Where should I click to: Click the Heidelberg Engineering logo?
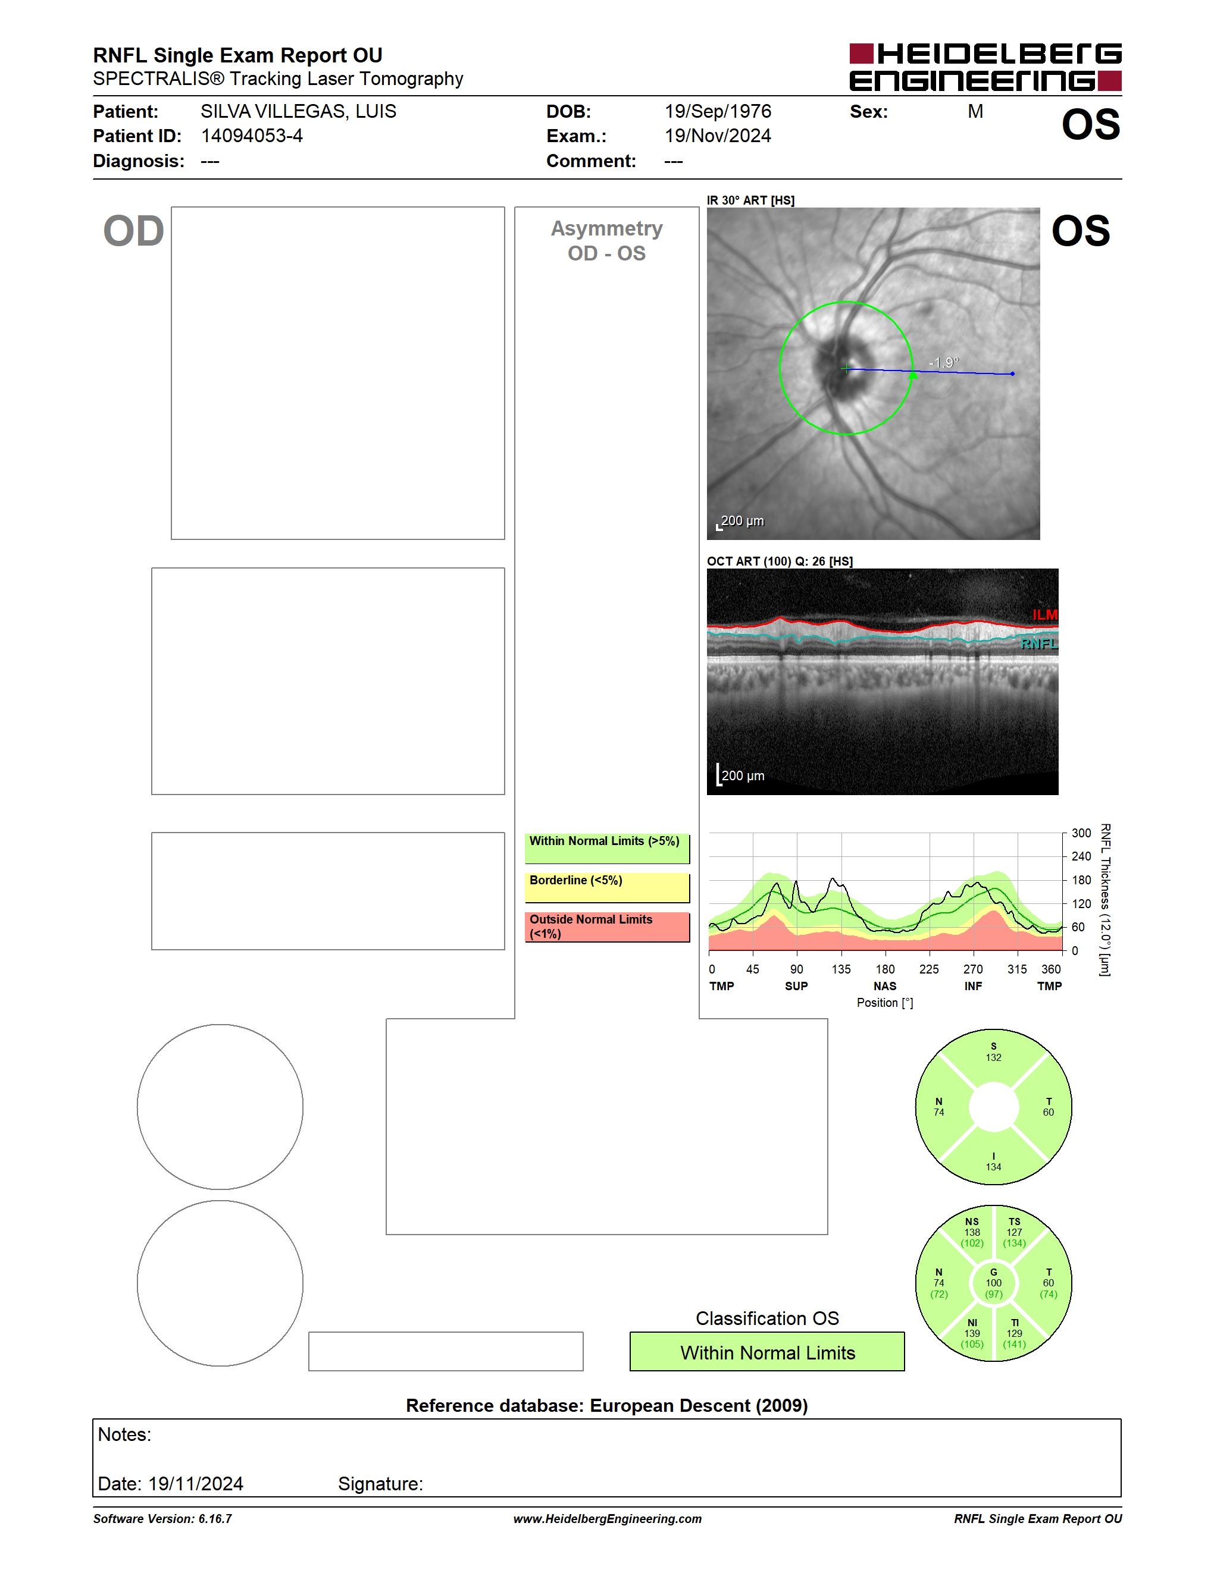985,67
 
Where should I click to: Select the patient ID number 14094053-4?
252,136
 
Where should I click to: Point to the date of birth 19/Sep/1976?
718,111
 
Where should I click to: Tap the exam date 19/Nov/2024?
718,136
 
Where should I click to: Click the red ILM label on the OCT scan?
1045,615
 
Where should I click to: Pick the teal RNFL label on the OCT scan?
1039,643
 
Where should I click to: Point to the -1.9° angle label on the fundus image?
944,362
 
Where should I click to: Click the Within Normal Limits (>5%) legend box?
607,848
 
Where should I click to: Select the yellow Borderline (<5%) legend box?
607,888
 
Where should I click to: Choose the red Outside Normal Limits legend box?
607,927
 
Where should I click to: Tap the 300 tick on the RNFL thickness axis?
1081,833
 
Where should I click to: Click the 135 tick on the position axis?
841,969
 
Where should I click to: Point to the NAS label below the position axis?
884,986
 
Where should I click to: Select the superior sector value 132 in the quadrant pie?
993,1057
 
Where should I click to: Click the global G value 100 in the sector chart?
993,1282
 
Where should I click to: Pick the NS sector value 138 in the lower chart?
972,1232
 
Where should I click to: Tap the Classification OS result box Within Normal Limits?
768,1352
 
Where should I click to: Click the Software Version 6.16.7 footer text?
162,1519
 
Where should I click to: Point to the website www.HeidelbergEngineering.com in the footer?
607,1519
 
